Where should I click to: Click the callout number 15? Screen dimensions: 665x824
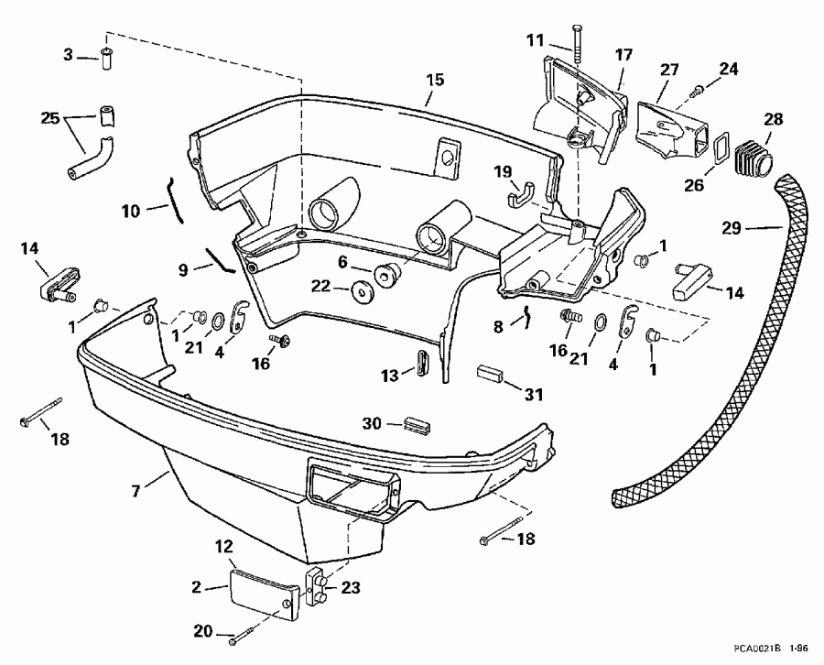pos(435,80)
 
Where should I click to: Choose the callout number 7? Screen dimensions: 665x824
pos(136,493)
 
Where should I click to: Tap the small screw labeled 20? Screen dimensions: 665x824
pos(240,638)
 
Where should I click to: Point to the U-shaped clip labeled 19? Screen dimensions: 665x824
pos(521,198)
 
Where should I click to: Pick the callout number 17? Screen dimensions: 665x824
pos(623,55)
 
